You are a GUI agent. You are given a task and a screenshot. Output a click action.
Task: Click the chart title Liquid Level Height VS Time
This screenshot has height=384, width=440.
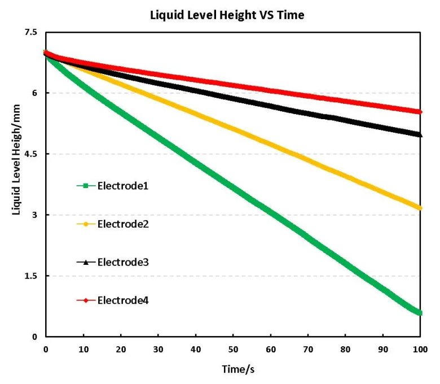click(227, 15)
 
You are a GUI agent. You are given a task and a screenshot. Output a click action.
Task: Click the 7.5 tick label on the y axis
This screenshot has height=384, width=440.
click(30, 33)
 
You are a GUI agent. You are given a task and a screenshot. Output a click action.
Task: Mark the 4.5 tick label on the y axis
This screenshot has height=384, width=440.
click(30, 154)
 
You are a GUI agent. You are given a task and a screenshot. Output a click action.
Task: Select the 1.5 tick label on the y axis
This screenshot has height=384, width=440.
click(30, 276)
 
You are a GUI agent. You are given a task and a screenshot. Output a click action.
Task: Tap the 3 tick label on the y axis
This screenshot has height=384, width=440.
click(34, 215)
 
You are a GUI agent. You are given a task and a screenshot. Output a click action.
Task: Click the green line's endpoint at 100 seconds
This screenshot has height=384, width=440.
click(420, 313)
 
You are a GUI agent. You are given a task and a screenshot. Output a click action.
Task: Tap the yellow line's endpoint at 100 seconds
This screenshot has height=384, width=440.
click(420, 208)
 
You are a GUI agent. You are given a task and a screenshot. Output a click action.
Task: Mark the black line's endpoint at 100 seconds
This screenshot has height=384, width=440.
click(420, 134)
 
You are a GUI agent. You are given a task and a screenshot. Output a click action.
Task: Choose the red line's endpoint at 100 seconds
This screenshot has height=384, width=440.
click(420, 112)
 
